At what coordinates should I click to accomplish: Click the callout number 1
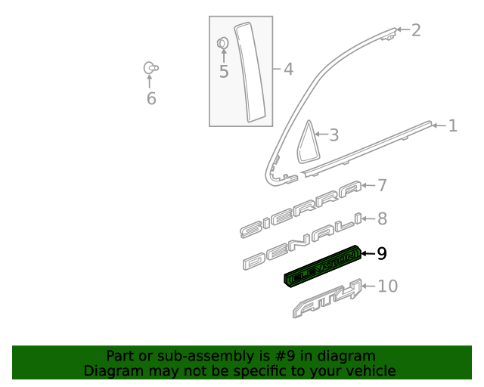pos(452,125)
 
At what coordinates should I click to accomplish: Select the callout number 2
pos(415,30)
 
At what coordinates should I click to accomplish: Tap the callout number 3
pos(333,136)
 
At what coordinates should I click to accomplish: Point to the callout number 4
pos(288,70)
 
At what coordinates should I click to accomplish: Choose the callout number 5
pos(223,72)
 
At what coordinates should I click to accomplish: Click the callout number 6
pos(151,99)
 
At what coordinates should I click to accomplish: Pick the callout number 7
pos(382,185)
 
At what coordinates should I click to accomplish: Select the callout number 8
pos(382,219)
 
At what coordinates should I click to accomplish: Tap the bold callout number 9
pos(382,254)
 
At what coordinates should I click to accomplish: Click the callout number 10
pos(387,286)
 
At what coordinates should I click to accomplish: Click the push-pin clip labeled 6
pos(150,68)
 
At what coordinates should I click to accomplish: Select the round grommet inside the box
pos(223,43)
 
